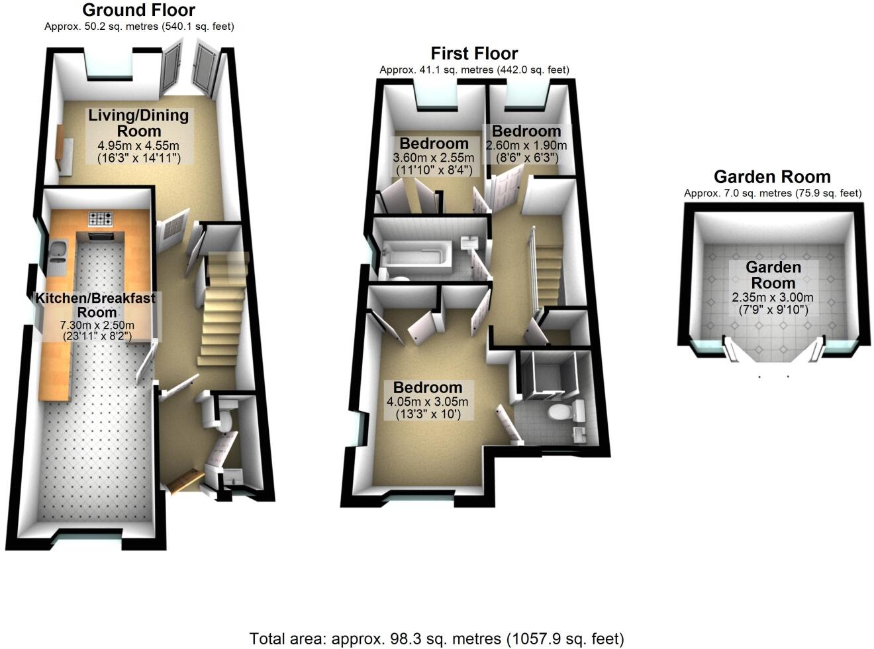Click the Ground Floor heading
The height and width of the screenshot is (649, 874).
pos(138,10)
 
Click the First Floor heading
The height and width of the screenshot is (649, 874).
pos(474,53)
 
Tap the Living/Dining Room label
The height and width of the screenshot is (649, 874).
pos(139,123)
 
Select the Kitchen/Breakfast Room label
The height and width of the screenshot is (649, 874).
pos(96,305)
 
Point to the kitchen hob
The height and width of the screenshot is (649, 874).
pos(102,218)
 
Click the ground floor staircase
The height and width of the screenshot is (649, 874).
pos(222,312)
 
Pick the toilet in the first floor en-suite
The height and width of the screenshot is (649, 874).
pos(560,412)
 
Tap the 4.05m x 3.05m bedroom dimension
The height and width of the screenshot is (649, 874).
pos(427,402)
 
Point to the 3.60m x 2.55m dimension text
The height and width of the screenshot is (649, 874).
pos(434,158)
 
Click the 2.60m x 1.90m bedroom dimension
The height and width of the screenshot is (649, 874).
pos(526,146)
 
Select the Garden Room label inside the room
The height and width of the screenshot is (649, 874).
pos(773,274)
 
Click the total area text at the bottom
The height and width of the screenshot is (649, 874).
pos(436,639)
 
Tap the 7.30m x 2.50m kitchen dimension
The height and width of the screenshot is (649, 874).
pos(97,325)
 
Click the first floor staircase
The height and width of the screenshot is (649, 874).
pos(548,272)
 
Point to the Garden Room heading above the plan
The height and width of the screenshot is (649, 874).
pos(772,177)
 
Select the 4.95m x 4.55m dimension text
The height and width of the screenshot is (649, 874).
pos(138,146)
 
